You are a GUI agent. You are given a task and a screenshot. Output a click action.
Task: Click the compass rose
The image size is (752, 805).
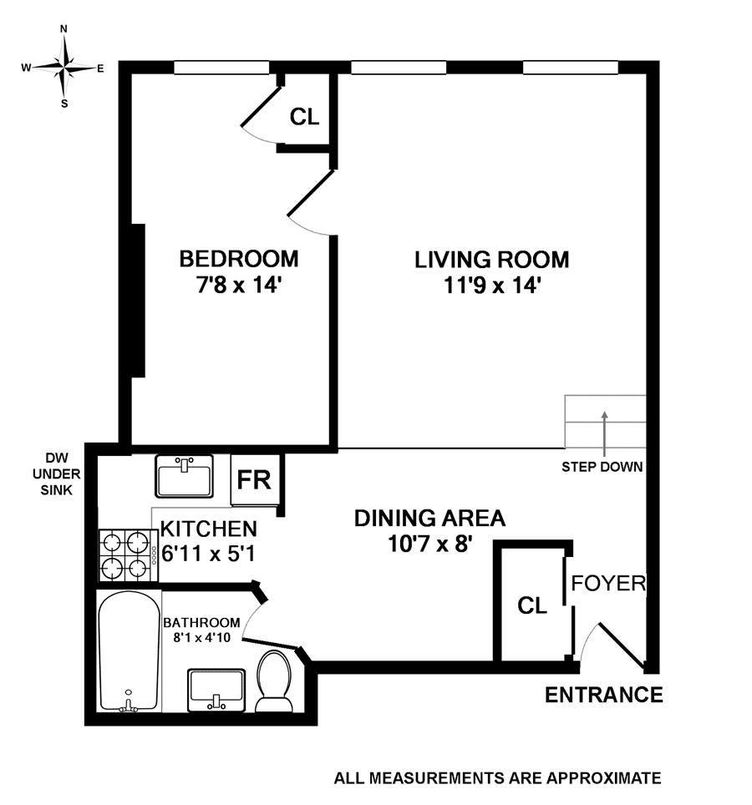(x=64, y=67)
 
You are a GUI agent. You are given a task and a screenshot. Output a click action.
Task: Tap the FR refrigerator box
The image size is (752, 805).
(x=255, y=479)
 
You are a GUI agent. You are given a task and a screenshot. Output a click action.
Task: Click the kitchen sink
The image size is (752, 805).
(x=184, y=476)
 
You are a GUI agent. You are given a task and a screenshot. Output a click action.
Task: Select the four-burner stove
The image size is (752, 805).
(x=129, y=555)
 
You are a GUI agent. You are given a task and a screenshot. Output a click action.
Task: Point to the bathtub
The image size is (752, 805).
(x=129, y=651)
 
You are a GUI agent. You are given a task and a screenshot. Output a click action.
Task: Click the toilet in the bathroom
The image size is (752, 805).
(x=274, y=681)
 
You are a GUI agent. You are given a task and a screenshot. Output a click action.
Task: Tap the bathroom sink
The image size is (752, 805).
(x=216, y=690)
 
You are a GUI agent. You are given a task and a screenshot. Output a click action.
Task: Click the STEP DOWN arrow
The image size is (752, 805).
(x=605, y=433)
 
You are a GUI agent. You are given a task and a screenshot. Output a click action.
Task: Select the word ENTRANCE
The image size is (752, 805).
(x=603, y=695)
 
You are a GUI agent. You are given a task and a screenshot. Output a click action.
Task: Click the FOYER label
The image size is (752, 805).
(x=608, y=583)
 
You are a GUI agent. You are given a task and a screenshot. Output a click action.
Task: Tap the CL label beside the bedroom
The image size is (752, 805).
(x=305, y=117)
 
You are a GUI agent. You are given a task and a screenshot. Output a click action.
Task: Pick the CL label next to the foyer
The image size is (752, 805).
(x=532, y=605)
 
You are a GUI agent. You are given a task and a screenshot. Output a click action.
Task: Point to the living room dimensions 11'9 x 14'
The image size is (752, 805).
(x=491, y=285)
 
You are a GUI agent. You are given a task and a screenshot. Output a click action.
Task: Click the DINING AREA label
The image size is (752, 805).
(x=430, y=518)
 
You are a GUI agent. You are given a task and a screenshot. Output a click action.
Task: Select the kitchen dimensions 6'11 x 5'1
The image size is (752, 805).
(x=208, y=554)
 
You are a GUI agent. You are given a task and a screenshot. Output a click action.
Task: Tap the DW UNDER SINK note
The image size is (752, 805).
(x=57, y=473)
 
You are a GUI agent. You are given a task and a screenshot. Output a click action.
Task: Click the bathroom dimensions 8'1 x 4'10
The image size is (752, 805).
(x=201, y=638)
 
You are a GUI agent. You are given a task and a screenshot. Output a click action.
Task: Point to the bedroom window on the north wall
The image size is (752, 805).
(x=221, y=68)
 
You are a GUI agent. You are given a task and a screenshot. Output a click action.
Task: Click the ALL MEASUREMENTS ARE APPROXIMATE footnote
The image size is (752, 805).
(x=497, y=777)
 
